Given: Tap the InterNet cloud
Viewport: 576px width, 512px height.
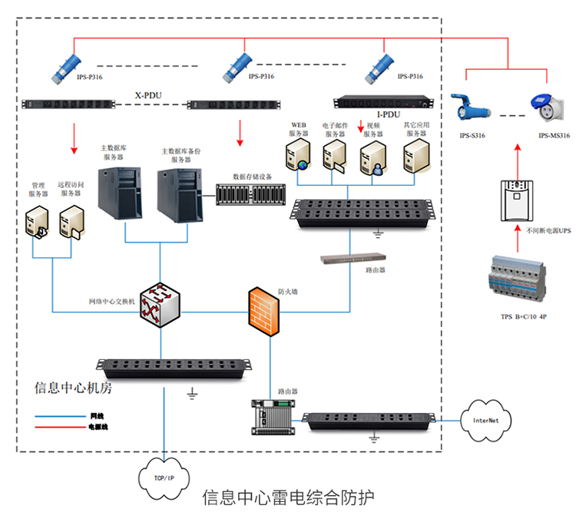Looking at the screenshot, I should click(485, 420).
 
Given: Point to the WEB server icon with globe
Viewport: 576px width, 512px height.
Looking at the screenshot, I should click(298, 155).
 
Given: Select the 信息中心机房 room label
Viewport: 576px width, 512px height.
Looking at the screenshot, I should click(74, 388).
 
